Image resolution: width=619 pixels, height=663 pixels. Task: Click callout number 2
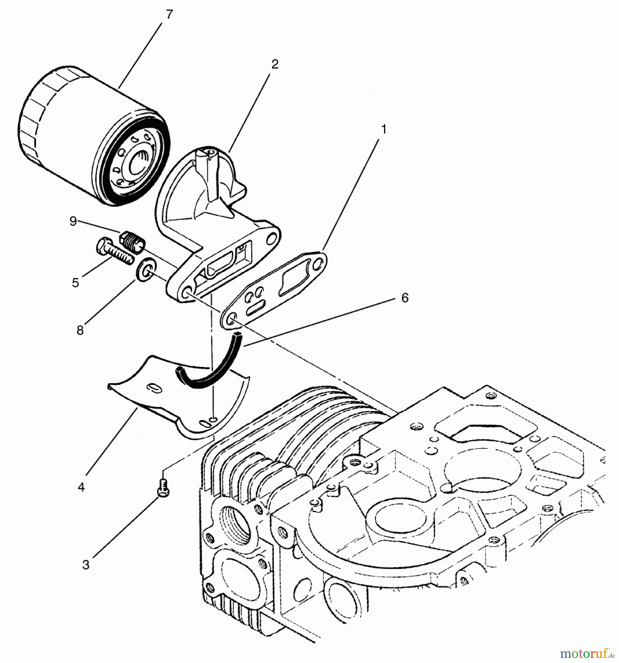point(275,64)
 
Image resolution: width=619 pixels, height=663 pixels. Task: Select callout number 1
point(384,129)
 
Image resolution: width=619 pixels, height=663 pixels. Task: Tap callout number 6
point(405,298)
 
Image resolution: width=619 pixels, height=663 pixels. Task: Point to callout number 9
point(73,221)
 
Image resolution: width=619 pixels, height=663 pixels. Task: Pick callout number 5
point(75,283)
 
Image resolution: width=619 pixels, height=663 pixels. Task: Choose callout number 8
point(80,330)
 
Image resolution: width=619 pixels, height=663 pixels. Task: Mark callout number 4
point(81,487)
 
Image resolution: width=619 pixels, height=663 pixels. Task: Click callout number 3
point(85,565)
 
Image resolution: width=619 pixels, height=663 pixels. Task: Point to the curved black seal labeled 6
point(217,372)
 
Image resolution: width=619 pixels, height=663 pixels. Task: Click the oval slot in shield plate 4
point(153,388)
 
